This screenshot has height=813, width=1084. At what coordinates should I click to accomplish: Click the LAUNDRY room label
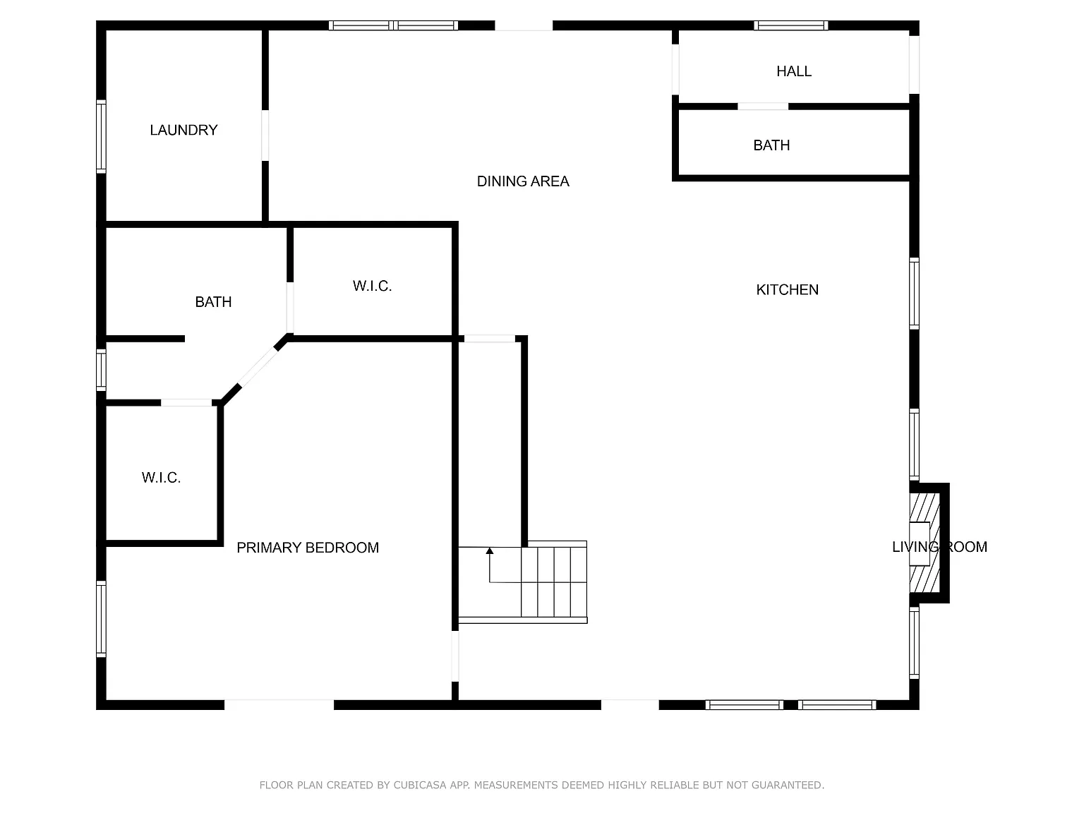183,130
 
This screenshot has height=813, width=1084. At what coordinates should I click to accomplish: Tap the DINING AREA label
523,181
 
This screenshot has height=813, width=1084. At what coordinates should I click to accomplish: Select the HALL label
794,71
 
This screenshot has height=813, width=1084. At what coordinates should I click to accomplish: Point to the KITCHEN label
787,289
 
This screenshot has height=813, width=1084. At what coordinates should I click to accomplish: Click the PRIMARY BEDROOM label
308,548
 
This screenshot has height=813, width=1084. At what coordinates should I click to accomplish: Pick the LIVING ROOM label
939,546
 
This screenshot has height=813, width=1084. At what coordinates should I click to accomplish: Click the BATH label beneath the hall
771,145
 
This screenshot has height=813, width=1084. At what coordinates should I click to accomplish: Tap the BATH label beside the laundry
213,301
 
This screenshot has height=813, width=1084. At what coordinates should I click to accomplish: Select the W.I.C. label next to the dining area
373,286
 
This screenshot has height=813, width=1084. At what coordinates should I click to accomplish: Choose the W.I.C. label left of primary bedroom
161,477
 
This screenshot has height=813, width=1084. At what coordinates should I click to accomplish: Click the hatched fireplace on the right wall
925,543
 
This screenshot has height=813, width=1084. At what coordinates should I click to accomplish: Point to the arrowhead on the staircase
489,551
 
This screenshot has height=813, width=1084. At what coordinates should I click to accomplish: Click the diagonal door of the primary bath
258,367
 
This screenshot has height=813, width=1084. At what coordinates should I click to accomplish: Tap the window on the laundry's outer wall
101,137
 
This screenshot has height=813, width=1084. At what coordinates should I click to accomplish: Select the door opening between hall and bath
762,107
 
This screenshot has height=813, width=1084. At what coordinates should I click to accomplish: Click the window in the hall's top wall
790,25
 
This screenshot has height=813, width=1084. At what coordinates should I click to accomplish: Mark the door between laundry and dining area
265,135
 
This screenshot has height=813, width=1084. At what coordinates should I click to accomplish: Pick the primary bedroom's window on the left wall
101,619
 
